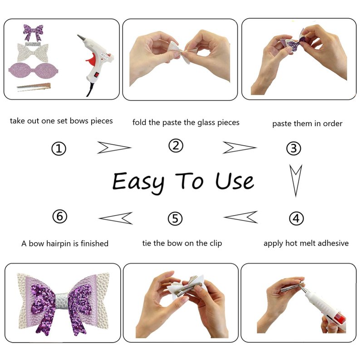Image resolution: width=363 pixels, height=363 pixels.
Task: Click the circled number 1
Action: click(59, 148)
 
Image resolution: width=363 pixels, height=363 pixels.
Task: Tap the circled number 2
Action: click(176, 146)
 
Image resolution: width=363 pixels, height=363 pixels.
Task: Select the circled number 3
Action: click(294, 148)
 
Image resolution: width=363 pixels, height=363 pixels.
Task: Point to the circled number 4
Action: click(296, 219)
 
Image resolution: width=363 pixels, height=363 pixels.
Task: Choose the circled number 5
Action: click(175, 219)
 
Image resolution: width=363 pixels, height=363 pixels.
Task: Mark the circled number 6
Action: click(60, 216)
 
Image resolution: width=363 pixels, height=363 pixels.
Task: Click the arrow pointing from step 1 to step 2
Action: click(114, 147)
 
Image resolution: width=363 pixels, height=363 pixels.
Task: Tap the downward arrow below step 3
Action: click(296, 181)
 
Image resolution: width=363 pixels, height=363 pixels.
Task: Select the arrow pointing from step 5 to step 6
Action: click(116, 218)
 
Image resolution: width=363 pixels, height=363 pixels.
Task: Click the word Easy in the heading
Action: click(138, 182)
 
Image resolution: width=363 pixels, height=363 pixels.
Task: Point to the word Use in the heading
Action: click(234, 181)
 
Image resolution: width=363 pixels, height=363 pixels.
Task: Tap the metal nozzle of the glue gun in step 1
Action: click(81, 38)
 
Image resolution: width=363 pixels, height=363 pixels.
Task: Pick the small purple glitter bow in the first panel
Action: click(34, 32)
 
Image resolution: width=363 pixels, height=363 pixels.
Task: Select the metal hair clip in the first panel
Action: click(34, 87)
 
